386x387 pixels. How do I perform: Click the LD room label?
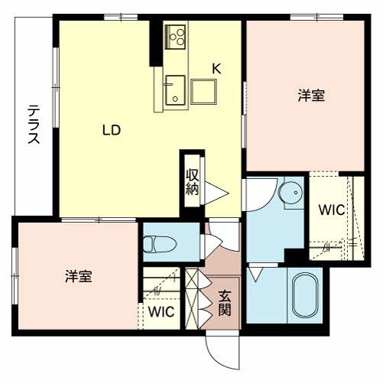pyautogui.click(x=112, y=129)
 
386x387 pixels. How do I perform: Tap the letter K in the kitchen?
pyautogui.click(x=216, y=68)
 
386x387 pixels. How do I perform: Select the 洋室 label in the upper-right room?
pyautogui.click(x=310, y=96)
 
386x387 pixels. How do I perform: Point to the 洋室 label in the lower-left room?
pyautogui.click(x=78, y=276)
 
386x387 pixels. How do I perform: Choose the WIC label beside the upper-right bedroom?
pyautogui.click(x=332, y=209)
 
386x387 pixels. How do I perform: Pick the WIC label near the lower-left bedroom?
pyautogui.click(x=161, y=311)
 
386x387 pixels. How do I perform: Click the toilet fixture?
pyautogui.click(x=160, y=245)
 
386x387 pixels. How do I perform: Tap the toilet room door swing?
pyautogui.click(x=210, y=243)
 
